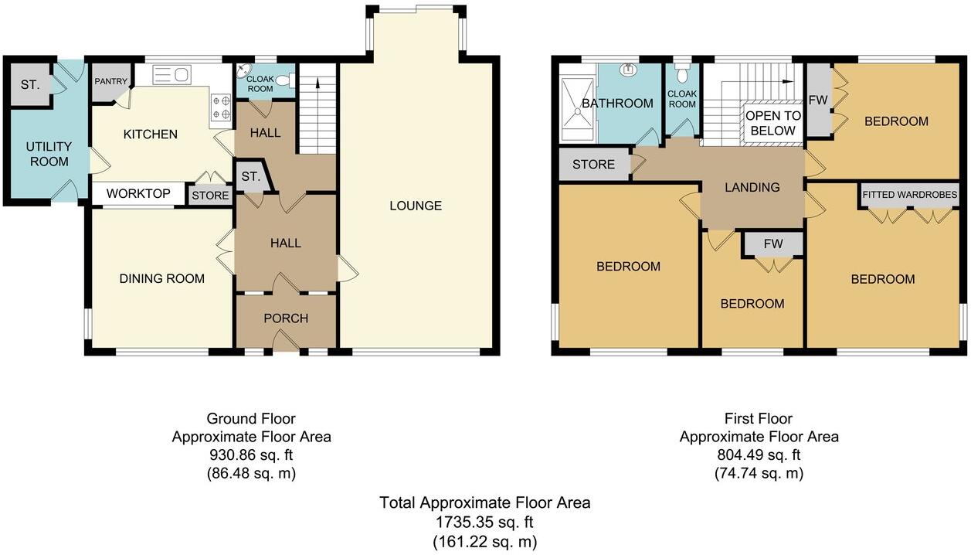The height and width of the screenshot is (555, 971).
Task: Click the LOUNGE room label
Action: coord(416,206)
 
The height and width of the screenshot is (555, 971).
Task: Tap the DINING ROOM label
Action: coord(162,278)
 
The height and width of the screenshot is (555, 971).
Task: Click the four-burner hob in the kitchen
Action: coord(220,107)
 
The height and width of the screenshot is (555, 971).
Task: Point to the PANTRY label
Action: coord(110,80)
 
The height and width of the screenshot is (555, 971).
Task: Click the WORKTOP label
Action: coord(139,193)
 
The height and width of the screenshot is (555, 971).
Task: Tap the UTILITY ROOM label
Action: coord(49,154)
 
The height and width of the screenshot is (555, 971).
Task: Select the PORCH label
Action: coord(286,318)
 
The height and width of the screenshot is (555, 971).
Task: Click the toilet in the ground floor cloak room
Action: coord(283,80)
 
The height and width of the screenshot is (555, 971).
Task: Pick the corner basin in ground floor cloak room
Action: coord(244,72)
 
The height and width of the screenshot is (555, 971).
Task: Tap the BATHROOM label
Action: coord(617,104)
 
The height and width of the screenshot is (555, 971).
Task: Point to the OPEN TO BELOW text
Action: coord(772,123)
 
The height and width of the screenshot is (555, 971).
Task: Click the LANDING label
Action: coord(752,187)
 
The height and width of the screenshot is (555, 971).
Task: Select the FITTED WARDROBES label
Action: coord(910,195)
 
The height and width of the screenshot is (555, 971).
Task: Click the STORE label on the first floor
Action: coord(593,165)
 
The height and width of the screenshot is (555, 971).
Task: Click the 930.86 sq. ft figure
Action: coord(251,455)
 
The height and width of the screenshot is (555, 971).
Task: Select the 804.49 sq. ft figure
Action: coord(759,455)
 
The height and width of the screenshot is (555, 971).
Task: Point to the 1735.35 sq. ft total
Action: coord(484,523)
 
